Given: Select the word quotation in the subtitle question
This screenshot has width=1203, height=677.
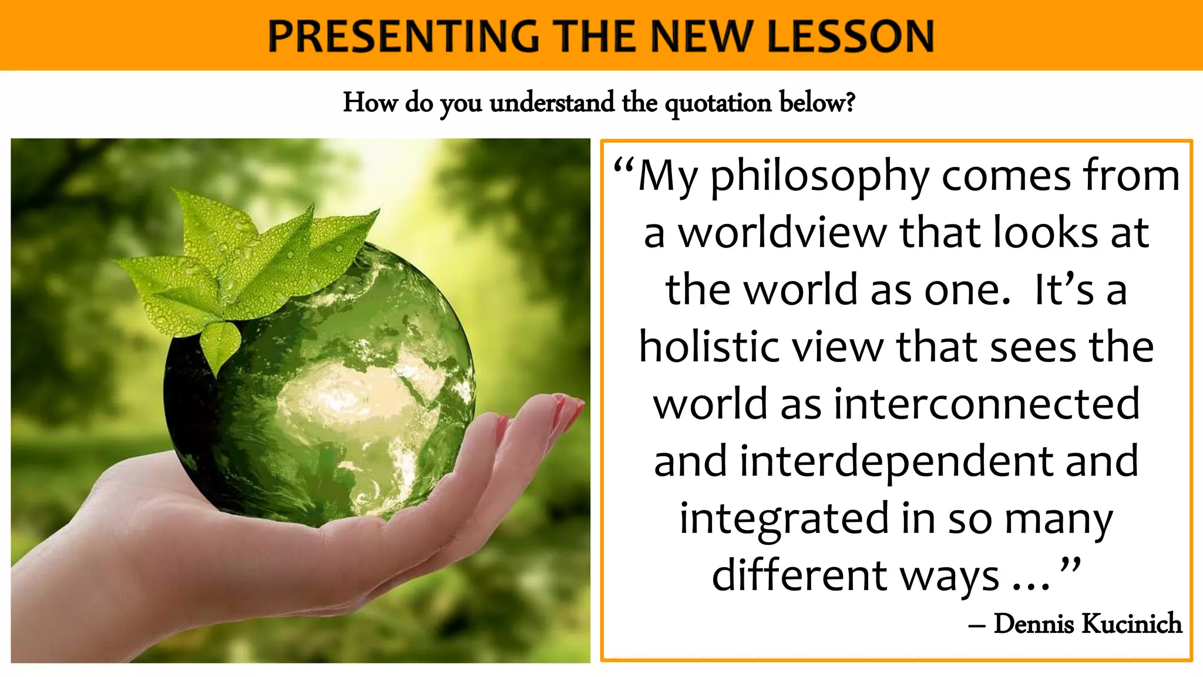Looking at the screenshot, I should coord(718,103).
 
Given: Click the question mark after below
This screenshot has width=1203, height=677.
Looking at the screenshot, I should coord(850,102).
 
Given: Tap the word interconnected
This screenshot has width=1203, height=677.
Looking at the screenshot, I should coord(987,404).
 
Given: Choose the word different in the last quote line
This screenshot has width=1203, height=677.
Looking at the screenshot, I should coord(799,575).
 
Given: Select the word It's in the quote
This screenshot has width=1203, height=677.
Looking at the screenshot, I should coord(1064,290).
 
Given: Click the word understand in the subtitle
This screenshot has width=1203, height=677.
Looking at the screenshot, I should coord(552,103).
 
